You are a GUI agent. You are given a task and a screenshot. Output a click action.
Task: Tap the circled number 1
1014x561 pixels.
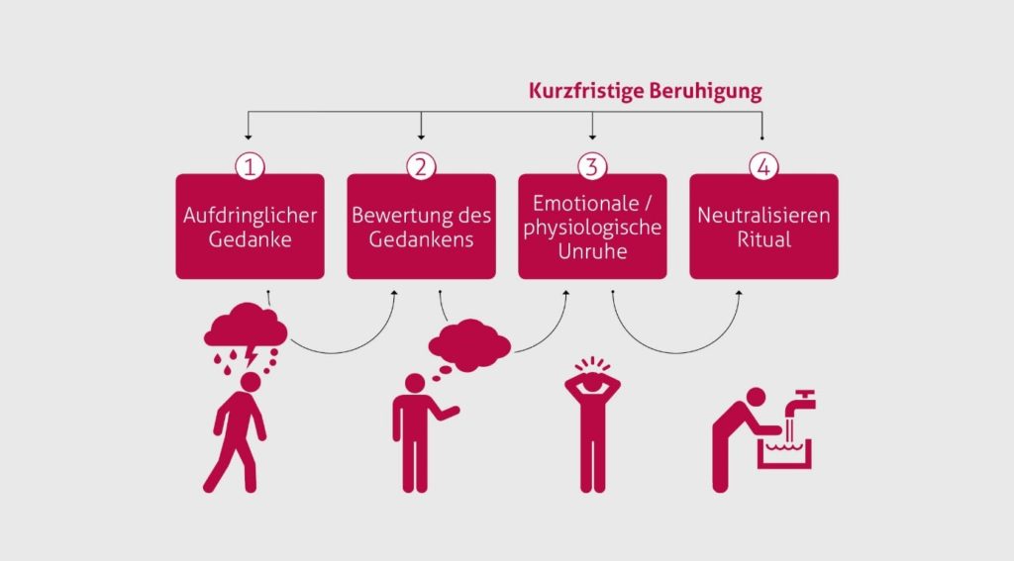250,166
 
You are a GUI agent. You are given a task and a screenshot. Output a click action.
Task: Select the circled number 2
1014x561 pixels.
421,166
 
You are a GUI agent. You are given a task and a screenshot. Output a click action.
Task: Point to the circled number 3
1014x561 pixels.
592,166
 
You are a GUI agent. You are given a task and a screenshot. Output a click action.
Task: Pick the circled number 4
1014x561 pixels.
762,166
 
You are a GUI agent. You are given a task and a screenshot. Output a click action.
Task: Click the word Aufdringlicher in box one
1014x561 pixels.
250,215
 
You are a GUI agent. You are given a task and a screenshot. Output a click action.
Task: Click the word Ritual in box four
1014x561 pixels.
763,238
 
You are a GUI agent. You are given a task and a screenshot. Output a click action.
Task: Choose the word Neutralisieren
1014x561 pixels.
763,215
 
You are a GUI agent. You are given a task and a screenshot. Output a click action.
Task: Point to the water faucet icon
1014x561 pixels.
800,401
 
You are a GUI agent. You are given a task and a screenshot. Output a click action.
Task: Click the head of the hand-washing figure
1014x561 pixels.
756,398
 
